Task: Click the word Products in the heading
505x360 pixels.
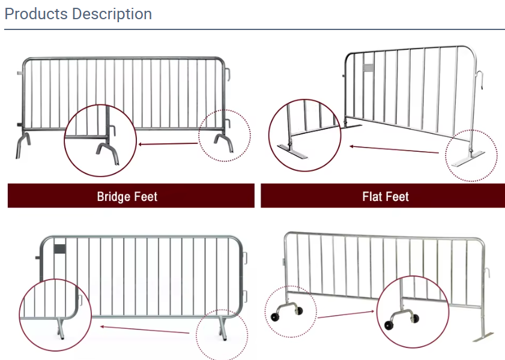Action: coord(36,14)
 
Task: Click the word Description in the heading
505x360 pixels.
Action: coord(112,14)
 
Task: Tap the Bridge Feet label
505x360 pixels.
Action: coord(127,197)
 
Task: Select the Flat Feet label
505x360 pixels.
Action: coord(386,197)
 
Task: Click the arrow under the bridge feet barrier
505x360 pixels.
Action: coord(168,144)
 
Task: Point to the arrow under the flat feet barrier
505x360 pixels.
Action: coord(394,149)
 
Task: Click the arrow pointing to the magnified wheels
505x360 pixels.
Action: coord(346,314)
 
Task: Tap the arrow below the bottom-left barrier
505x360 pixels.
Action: coord(145,330)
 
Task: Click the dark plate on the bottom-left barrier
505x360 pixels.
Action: coord(59,248)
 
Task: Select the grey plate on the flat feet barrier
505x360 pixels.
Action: coord(368,68)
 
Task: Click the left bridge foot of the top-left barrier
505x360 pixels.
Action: coord(23,145)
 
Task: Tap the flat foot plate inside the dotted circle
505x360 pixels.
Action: coord(468,159)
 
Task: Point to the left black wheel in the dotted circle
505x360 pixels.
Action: coord(275,317)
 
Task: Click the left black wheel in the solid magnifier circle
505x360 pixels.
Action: coord(389,325)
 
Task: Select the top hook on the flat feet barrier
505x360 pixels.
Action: coord(480,80)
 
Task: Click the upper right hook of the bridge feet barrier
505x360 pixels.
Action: coord(228,74)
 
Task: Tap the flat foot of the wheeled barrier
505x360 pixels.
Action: coord(483,337)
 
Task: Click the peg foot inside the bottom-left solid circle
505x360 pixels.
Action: coord(60,328)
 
